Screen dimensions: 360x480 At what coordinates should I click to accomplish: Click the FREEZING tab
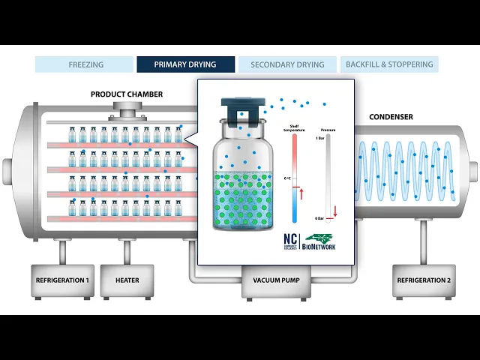(85, 64)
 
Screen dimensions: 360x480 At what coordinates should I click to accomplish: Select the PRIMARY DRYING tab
(185, 64)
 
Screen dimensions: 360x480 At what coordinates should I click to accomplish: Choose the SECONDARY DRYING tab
(287, 64)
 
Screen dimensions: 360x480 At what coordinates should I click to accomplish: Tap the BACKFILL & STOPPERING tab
(389, 64)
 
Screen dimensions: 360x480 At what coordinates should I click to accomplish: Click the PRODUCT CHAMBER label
(127, 94)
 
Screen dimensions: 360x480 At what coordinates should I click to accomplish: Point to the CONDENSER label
(391, 117)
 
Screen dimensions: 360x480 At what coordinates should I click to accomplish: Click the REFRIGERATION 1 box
(62, 280)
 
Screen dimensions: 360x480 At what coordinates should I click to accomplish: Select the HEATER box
(127, 280)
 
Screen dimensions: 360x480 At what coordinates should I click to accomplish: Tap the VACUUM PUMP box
(272, 280)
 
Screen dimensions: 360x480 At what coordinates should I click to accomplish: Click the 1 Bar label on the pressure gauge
(319, 139)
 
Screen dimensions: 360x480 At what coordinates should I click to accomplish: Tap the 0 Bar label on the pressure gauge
(319, 218)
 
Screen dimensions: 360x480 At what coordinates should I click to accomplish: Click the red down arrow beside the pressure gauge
(335, 211)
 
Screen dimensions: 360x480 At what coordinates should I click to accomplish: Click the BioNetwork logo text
(319, 245)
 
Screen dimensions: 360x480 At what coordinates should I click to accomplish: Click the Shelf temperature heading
(294, 129)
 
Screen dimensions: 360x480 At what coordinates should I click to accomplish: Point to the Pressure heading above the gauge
(328, 130)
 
